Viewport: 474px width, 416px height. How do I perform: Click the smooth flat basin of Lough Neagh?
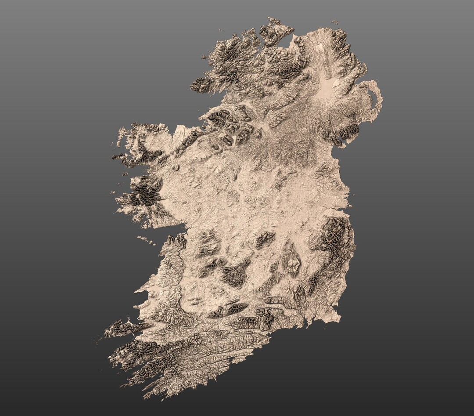pos(326,88)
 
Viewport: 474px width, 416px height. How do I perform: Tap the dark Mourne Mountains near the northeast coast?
pos(349,130)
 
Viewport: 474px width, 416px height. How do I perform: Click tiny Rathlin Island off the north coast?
pos(335,22)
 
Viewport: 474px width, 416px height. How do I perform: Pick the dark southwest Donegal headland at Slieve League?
pos(200,85)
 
